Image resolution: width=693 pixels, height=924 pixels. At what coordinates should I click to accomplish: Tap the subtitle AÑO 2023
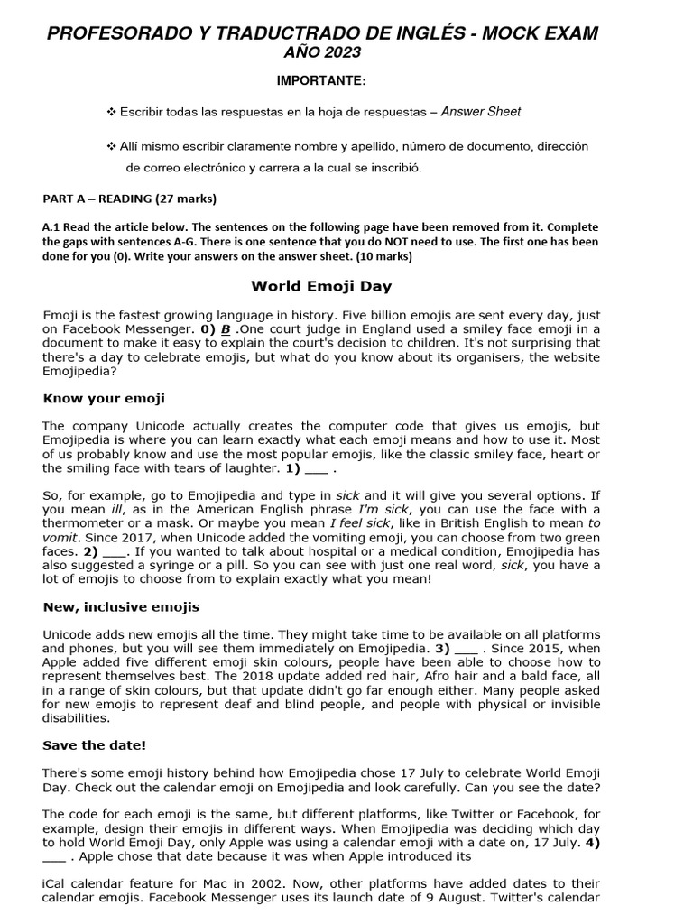[322, 53]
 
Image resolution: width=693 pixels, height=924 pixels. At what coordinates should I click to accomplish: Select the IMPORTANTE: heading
[321, 81]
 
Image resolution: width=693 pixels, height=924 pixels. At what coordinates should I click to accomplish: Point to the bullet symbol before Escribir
[112, 112]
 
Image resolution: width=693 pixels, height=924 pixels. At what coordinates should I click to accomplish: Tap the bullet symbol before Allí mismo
[112, 146]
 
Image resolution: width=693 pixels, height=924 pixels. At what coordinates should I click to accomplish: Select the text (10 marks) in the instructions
[383, 256]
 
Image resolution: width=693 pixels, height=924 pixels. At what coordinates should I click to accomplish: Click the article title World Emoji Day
[321, 287]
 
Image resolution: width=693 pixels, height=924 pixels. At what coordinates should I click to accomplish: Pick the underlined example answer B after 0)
[225, 329]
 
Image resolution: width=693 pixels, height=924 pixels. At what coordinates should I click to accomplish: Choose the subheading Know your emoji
[104, 398]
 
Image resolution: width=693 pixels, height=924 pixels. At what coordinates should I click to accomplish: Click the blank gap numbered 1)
[317, 468]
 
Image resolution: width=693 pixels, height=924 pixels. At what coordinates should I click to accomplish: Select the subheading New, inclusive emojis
[121, 606]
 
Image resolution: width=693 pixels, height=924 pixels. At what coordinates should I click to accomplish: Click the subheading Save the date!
[94, 744]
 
